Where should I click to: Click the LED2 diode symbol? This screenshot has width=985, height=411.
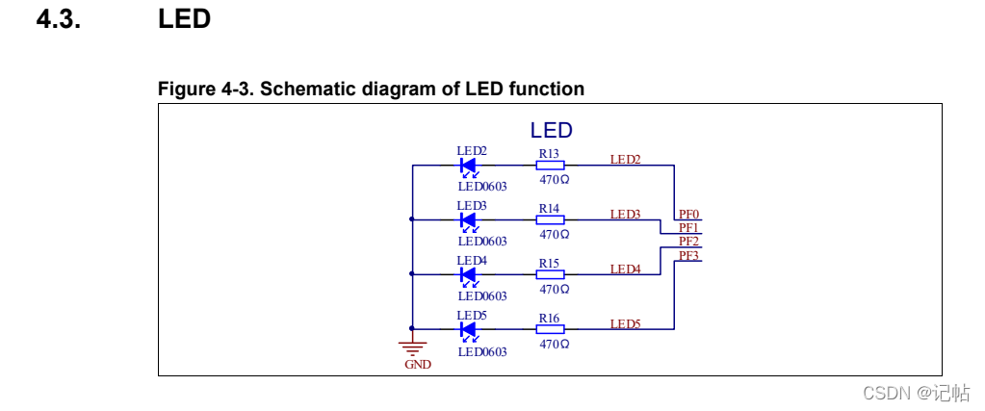[469, 165]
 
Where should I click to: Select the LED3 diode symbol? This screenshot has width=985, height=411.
[469, 219]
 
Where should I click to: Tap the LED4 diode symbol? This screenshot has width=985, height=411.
[469, 274]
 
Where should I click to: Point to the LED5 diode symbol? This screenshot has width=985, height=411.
[469, 329]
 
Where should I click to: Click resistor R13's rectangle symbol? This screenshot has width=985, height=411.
[550, 165]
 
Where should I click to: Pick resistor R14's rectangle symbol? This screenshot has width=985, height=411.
[550, 219]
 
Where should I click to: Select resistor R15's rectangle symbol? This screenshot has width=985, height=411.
[550, 274]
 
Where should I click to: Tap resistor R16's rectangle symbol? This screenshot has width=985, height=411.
[550, 329]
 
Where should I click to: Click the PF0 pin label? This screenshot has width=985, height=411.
[688, 215]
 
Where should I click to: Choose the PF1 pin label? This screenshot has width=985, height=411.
[688, 228]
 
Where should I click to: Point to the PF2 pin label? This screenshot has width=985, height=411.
[688, 242]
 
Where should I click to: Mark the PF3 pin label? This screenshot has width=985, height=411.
[688, 255]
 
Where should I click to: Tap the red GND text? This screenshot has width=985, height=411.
[418, 365]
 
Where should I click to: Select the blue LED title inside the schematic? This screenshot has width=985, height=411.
[552, 131]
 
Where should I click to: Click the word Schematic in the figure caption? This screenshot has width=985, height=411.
[307, 90]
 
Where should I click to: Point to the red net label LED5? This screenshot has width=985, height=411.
[625, 324]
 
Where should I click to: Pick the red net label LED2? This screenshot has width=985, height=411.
[625, 160]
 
